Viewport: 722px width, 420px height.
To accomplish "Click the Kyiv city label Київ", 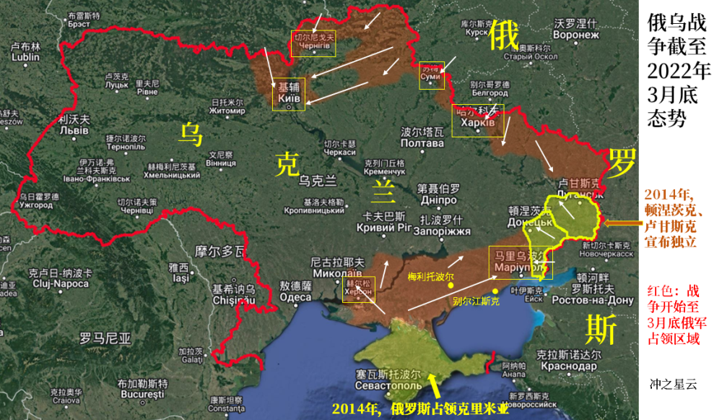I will [x=289, y=95].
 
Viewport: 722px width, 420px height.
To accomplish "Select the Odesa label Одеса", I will [x=295, y=297].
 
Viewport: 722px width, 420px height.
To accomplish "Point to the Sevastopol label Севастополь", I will [x=388, y=387].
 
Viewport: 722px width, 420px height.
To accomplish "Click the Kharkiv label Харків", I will [x=474, y=124].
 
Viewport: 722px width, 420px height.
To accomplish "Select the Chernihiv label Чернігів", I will [x=313, y=46].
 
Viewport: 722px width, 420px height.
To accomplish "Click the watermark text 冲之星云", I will [x=673, y=385].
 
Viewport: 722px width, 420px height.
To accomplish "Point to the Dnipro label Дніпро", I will [x=437, y=200].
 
